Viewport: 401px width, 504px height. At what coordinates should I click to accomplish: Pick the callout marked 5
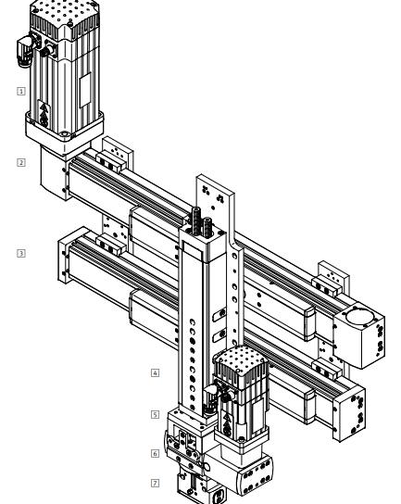[x=155, y=413]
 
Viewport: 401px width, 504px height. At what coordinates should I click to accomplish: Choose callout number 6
[x=155, y=454]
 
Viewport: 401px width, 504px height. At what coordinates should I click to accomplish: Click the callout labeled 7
[x=155, y=483]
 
